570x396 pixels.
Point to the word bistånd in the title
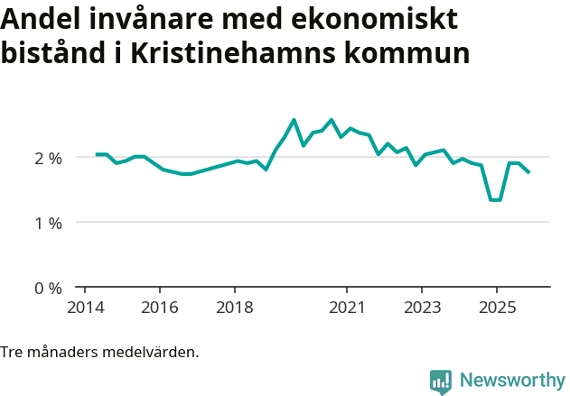tap(53, 53)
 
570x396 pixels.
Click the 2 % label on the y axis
tap(48, 158)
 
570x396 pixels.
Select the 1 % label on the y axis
tap(48, 223)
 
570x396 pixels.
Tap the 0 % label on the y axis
tap(48, 289)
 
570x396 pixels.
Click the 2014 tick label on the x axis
tap(85, 307)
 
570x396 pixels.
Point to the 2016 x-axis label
tap(160, 307)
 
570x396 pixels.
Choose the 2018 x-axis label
tap(235, 307)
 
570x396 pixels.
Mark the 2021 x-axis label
tap(347, 307)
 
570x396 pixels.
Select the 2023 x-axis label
tap(422, 307)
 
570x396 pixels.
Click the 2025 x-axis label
tap(497, 307)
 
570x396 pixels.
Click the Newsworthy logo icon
tap(441, 382)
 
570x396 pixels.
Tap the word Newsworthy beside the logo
tap(511, 381)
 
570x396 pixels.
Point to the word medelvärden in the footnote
tap(154, 352)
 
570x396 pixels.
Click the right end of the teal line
tap(529, 172)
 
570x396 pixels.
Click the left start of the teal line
tap(96, 154)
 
